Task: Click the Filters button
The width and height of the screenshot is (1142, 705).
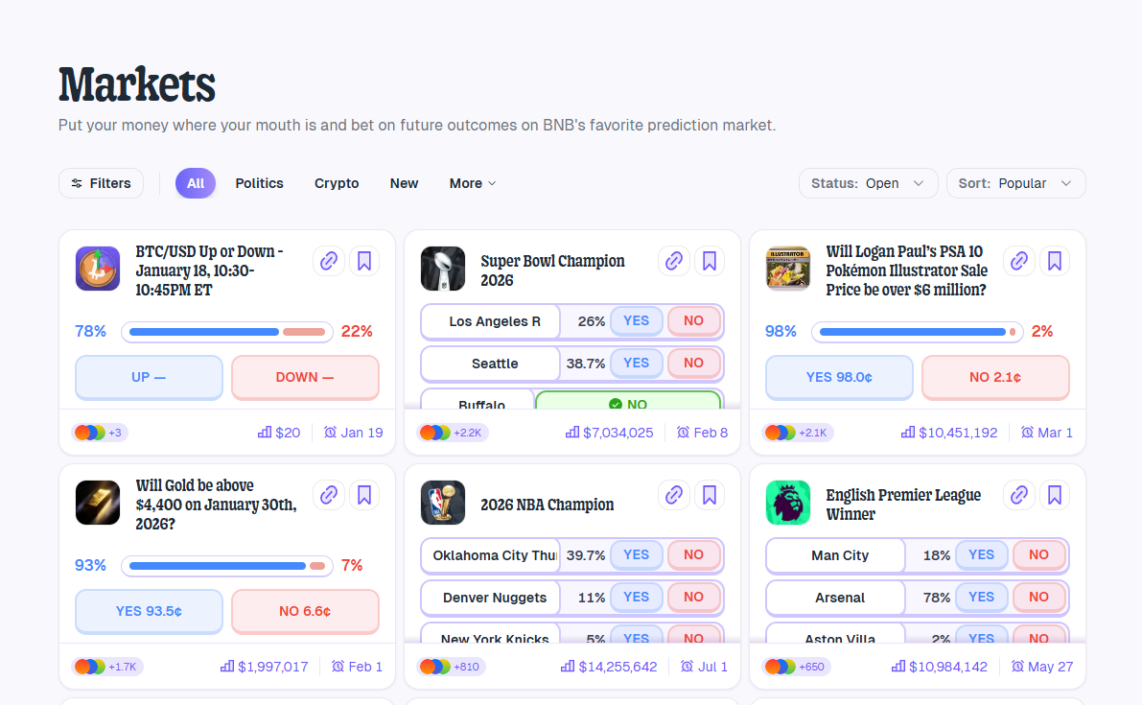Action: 101,183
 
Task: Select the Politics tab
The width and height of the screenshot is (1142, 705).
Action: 259,183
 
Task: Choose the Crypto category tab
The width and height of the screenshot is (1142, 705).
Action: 337,183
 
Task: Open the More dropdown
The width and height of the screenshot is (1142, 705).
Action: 473,183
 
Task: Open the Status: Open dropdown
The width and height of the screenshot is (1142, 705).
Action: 868,183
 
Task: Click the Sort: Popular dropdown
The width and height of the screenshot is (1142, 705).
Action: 1015,183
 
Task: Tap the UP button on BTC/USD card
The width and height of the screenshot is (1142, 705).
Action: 149,377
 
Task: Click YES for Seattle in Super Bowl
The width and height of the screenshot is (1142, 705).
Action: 636,363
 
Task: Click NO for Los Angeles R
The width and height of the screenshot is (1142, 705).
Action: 693,320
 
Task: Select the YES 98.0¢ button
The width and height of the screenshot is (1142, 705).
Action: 839,377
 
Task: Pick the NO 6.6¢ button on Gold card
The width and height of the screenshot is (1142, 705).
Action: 305,611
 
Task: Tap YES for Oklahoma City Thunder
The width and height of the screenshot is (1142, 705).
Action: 636,554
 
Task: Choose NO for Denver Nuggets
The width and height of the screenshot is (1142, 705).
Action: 693,597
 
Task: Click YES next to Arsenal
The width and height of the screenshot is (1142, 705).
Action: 981,597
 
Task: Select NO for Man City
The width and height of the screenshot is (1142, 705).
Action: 1038,554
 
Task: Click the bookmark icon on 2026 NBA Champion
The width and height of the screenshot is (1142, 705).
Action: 710,495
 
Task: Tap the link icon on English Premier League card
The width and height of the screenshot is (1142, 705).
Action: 1019,495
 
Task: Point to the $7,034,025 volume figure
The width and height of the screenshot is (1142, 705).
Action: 618,433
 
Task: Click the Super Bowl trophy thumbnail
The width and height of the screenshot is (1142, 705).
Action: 443,269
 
